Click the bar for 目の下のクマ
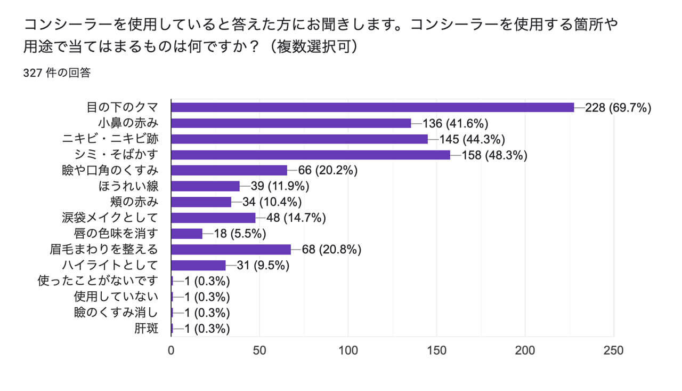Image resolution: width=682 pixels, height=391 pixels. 372,107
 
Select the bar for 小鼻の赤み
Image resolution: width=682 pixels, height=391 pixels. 291,123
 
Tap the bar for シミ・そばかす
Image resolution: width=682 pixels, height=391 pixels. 311,155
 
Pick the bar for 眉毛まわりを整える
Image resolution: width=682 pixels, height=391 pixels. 231,250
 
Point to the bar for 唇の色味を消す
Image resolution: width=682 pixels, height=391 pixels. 187,234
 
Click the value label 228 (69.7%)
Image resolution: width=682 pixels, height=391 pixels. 618,108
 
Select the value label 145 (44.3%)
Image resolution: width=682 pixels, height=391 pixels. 472,139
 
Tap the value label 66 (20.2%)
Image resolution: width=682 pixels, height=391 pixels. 328,171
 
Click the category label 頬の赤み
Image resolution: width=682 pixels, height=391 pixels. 137,202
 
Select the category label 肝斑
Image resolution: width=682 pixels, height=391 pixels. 147,329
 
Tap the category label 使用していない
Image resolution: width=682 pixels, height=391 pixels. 116,297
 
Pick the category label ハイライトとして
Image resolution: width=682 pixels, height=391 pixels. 110,265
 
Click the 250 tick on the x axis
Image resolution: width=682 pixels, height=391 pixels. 613,351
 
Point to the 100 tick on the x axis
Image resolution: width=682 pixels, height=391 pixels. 348,351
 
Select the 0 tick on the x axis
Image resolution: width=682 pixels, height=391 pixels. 171,351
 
